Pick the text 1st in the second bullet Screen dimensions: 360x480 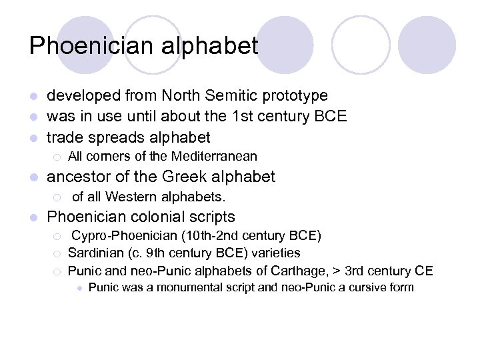tap(240, 117)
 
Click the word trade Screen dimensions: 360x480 tap(63, 138)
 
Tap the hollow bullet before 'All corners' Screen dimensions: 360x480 tap(58, 157)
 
